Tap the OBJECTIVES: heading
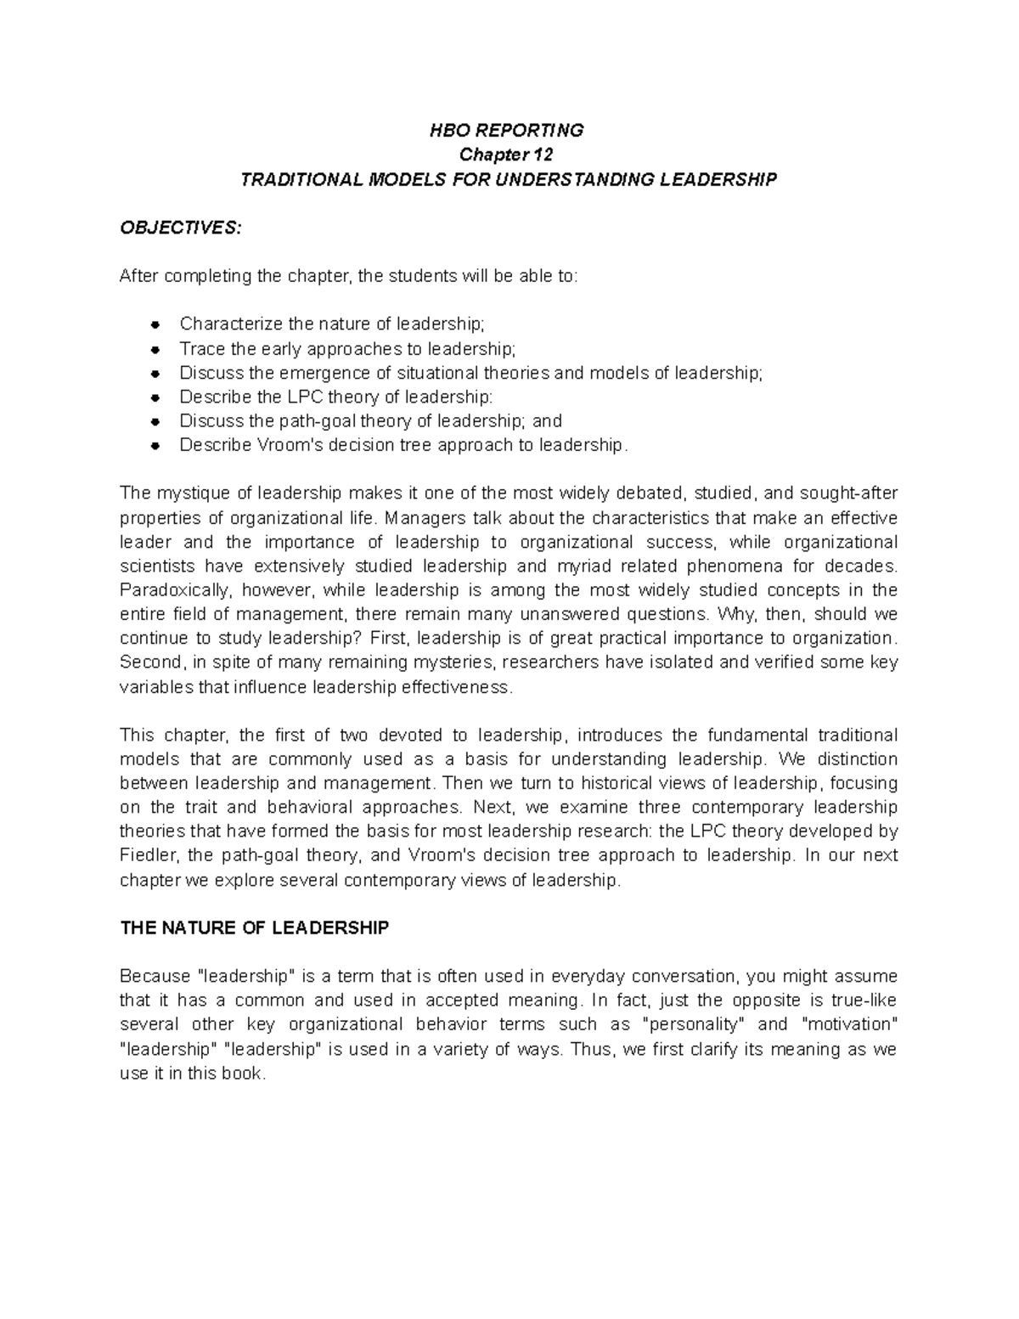(181, 228)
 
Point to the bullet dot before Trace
(155, 349)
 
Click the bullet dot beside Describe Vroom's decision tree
(155, 446)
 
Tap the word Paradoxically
(175, 590)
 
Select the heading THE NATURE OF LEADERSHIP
(255, 928)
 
